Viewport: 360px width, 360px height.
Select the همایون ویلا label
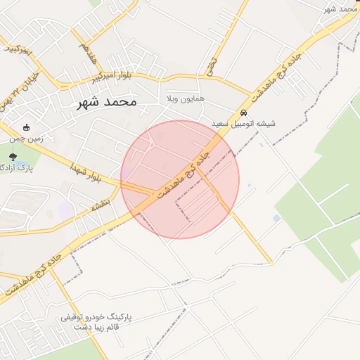(x=185, y=99)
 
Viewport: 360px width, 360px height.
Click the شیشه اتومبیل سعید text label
(x=244, y=124)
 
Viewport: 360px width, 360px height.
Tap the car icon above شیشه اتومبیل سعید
(x=244, y=112)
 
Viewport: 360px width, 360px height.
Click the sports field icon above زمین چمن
(x=27, y=128)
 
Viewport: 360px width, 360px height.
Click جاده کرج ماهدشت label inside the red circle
(x=181, y=171)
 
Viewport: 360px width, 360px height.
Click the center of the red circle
(x=180, y=180)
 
